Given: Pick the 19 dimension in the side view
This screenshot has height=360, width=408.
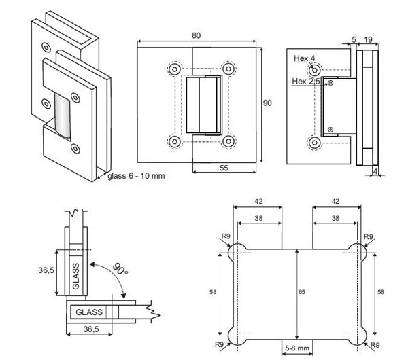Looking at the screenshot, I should tap(367, 40).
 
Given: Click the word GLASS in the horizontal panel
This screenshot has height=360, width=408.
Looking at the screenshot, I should tap(89, 312).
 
